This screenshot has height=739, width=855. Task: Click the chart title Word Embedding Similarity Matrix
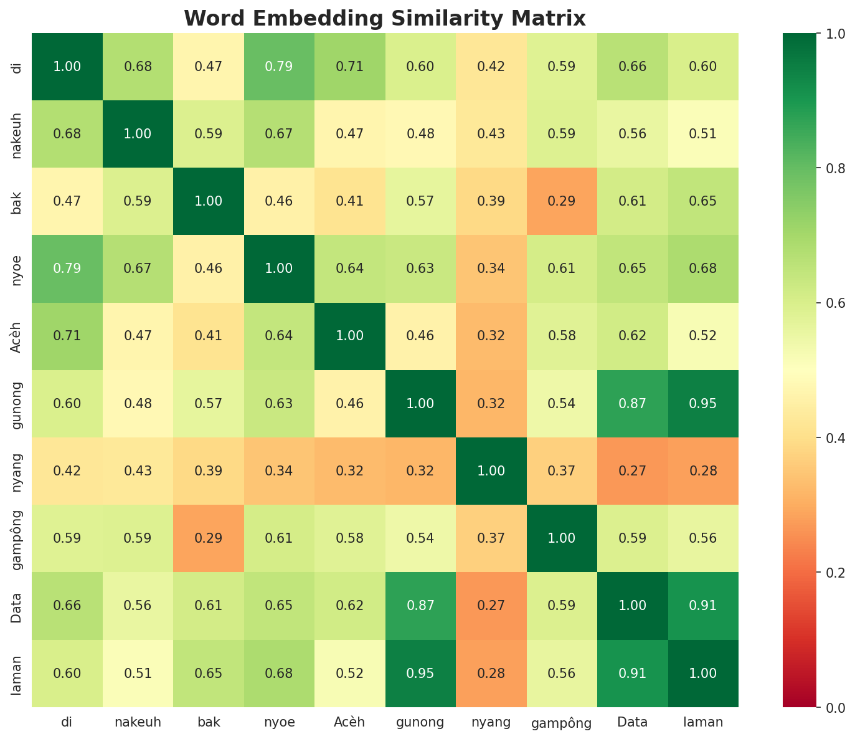point(385,19)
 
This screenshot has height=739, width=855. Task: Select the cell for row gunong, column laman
point(703,403)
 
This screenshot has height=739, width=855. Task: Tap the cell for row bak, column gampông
point(562,201)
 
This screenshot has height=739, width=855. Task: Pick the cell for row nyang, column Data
point(633,470)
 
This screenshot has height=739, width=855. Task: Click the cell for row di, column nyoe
point(279,67)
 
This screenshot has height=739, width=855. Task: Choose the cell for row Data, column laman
point(703,606)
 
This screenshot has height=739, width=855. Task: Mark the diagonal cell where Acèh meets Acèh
point(350,336)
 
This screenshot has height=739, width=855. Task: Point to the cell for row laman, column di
point(67,673)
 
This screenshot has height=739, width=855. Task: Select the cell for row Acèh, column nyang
point(491,336)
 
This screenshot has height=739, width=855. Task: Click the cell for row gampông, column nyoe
point(279,538)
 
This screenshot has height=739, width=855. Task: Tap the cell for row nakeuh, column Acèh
point(350,134)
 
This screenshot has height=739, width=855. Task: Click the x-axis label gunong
point(420,723)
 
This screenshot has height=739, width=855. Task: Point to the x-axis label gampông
point(562,723)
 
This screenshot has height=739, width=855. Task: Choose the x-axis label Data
point(633,723)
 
